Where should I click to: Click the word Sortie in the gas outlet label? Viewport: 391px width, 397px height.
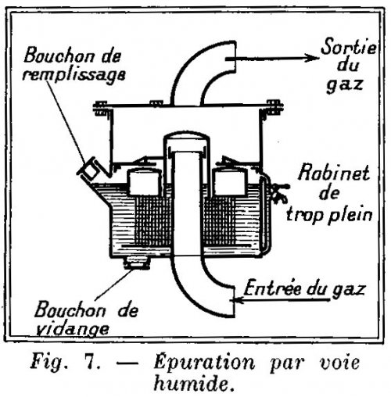(348, 47)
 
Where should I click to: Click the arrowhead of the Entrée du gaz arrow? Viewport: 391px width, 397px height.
(238, 300)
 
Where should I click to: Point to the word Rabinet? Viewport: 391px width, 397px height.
(334, 173)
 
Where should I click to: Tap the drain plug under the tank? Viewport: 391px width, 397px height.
(137, 263)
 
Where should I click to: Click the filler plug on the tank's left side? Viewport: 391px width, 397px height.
(88, 169)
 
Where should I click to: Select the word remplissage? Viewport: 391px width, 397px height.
(74, 75)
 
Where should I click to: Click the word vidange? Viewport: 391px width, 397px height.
(72, 329)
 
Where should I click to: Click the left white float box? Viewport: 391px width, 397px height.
(144, 182)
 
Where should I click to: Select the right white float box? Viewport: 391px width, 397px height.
(229, 181)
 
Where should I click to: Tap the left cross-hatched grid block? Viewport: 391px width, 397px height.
(153, 221)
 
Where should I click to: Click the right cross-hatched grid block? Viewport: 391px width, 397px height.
(221, 220)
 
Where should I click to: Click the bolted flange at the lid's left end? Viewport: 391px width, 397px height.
(101, 109)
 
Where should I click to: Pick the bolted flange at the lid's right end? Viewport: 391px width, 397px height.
(274, 107)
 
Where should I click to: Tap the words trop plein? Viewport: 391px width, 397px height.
(329, 215)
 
